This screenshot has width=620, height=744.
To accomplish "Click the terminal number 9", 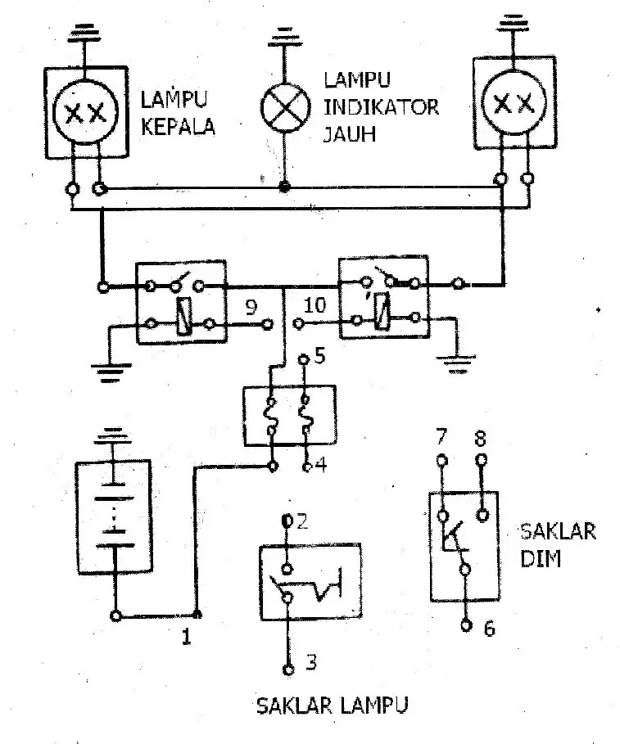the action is coord(251,307).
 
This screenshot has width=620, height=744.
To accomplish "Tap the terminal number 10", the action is coord(315,305).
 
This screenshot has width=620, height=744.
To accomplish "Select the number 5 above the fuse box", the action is coord(320,355).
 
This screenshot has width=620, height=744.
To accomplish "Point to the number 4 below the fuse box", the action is coord(321,465).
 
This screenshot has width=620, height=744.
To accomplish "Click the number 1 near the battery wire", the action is coord(187,636).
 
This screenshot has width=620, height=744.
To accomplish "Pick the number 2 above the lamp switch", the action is coord(302,521).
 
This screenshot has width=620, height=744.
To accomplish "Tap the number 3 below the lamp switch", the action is coord(311,661).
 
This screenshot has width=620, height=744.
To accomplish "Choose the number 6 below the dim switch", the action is coord(490,629).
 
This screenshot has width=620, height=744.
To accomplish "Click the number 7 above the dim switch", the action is coord(441,436).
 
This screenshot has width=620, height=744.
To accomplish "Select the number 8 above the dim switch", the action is coord(481,438).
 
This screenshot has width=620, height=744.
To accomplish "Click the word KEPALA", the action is coord(178,126).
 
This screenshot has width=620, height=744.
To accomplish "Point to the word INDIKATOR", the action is coord(381,107).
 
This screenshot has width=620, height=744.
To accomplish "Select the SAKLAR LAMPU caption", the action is coord(333,706).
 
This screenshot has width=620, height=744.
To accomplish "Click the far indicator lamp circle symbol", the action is coord(285,107).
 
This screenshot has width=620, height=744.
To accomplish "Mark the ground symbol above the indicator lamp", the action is coord(285,38).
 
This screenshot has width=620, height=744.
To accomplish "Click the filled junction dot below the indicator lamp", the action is coord(284,187).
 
